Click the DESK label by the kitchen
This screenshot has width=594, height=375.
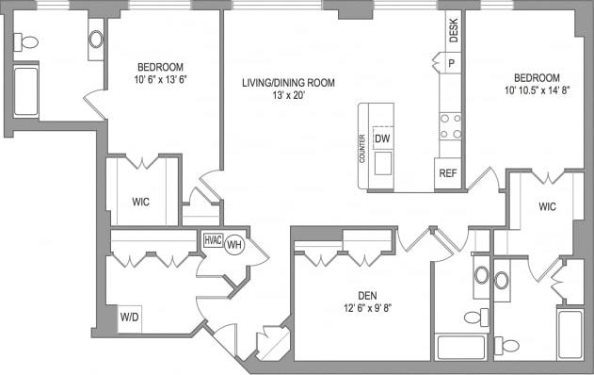pyautogui.click(x=453, y=33)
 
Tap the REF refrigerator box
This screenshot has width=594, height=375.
pyautogui.click(x=448, y=173)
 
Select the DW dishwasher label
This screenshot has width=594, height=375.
pyautogui.click(x=382, y=139)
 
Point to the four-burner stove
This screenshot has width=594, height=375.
pyautogui.click(x=450, y=125)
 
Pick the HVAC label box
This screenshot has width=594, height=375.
pyautogui.click(x=213, y=240)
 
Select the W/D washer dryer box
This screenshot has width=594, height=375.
pyautogui.click(x=128, y=317)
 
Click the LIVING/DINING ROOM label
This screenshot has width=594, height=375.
pyautogui.click(x=288, y=83)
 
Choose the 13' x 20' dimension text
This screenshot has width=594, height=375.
pyautogui.click(x=288, y=95)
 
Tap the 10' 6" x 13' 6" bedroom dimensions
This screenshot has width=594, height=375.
pyautogui.click(x=160, y=79)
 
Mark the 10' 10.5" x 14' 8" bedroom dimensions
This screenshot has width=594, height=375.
pyautogui.click(x=536, y=90)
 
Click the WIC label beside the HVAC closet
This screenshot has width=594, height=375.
pyautogui.click(x=140, y=202)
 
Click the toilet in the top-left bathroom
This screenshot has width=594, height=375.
pyautogui.click(x=27, y=42)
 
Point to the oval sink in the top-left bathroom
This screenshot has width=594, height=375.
pyautogui.click(x=96, y=40)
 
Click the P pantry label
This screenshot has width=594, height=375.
pyautogui.click(x=451, y=63)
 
